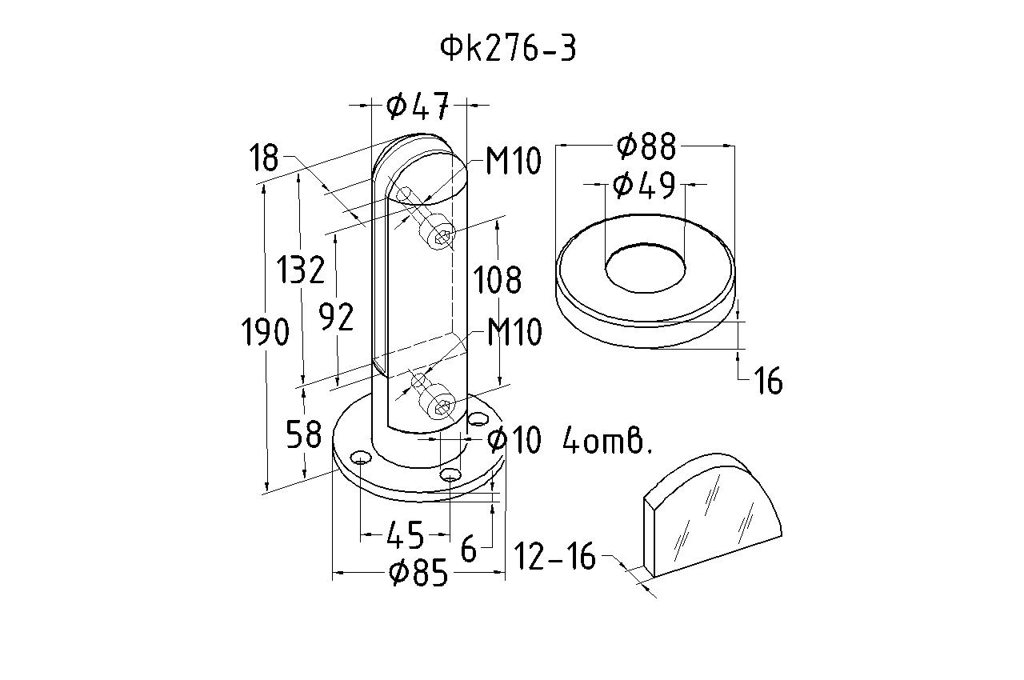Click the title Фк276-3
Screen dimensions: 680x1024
(x=508, y=49)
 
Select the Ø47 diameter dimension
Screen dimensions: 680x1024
(x=418, y=105)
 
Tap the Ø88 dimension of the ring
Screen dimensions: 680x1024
(x=646, y=146)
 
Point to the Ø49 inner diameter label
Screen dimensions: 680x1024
(x=644, y=186)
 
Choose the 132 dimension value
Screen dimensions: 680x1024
(x=302, y=270)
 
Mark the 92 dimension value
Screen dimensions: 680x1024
(x=336, y=318)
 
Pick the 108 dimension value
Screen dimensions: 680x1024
(x=498, y=280)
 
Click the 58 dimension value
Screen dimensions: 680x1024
(x=303, y=434)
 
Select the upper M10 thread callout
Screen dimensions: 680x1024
(x=514, y=162)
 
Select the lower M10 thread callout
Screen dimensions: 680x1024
(x=514, y=332)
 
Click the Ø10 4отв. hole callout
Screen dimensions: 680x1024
(x=570, y=440)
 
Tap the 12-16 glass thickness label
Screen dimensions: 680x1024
(x=554, y=557)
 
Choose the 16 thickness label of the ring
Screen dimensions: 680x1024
(x=768, y=382)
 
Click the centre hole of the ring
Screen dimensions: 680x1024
(x=645, y=266)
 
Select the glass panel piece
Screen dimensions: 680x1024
(x=712, y=520)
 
